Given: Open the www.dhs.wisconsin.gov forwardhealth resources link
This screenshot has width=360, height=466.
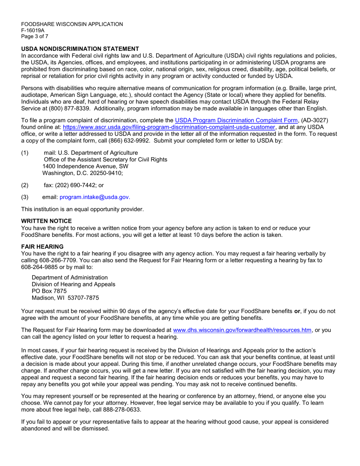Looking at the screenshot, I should (242, 330).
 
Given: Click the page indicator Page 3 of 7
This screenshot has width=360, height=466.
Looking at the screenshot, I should (34, 36).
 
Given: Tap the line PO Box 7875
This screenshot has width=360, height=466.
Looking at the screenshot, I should (49, 291).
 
